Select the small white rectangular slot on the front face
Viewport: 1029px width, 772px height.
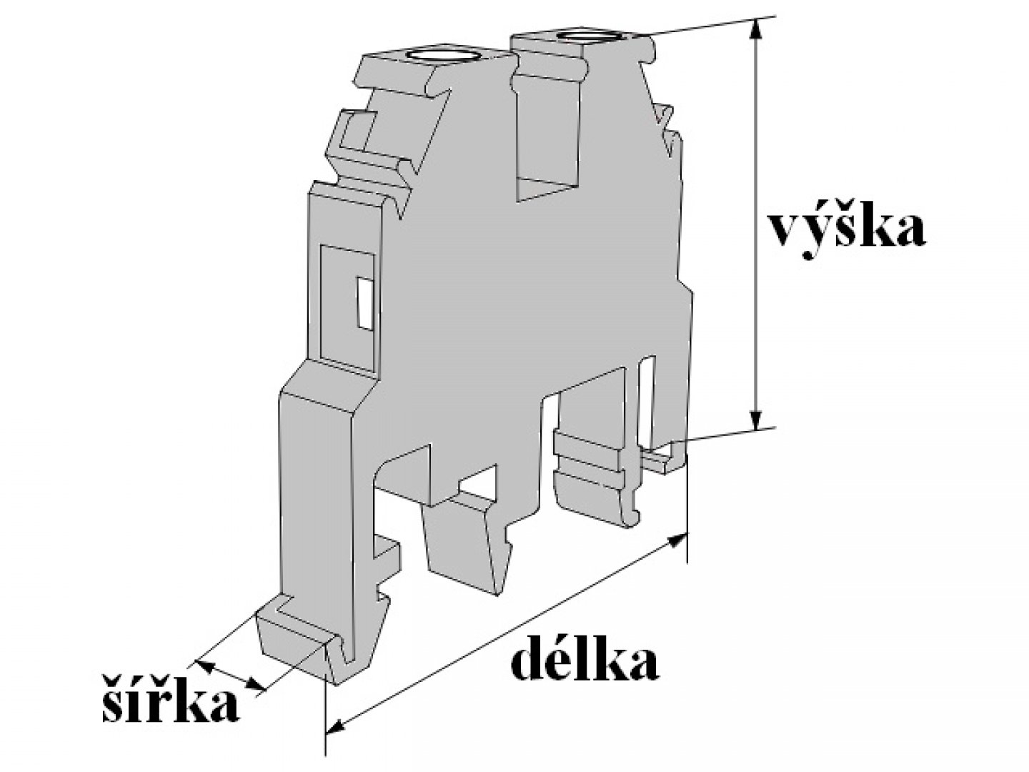click(364, 304)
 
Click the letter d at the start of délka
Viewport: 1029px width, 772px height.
click(530, 662)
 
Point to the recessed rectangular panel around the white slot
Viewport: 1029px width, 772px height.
click(348, 307)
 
